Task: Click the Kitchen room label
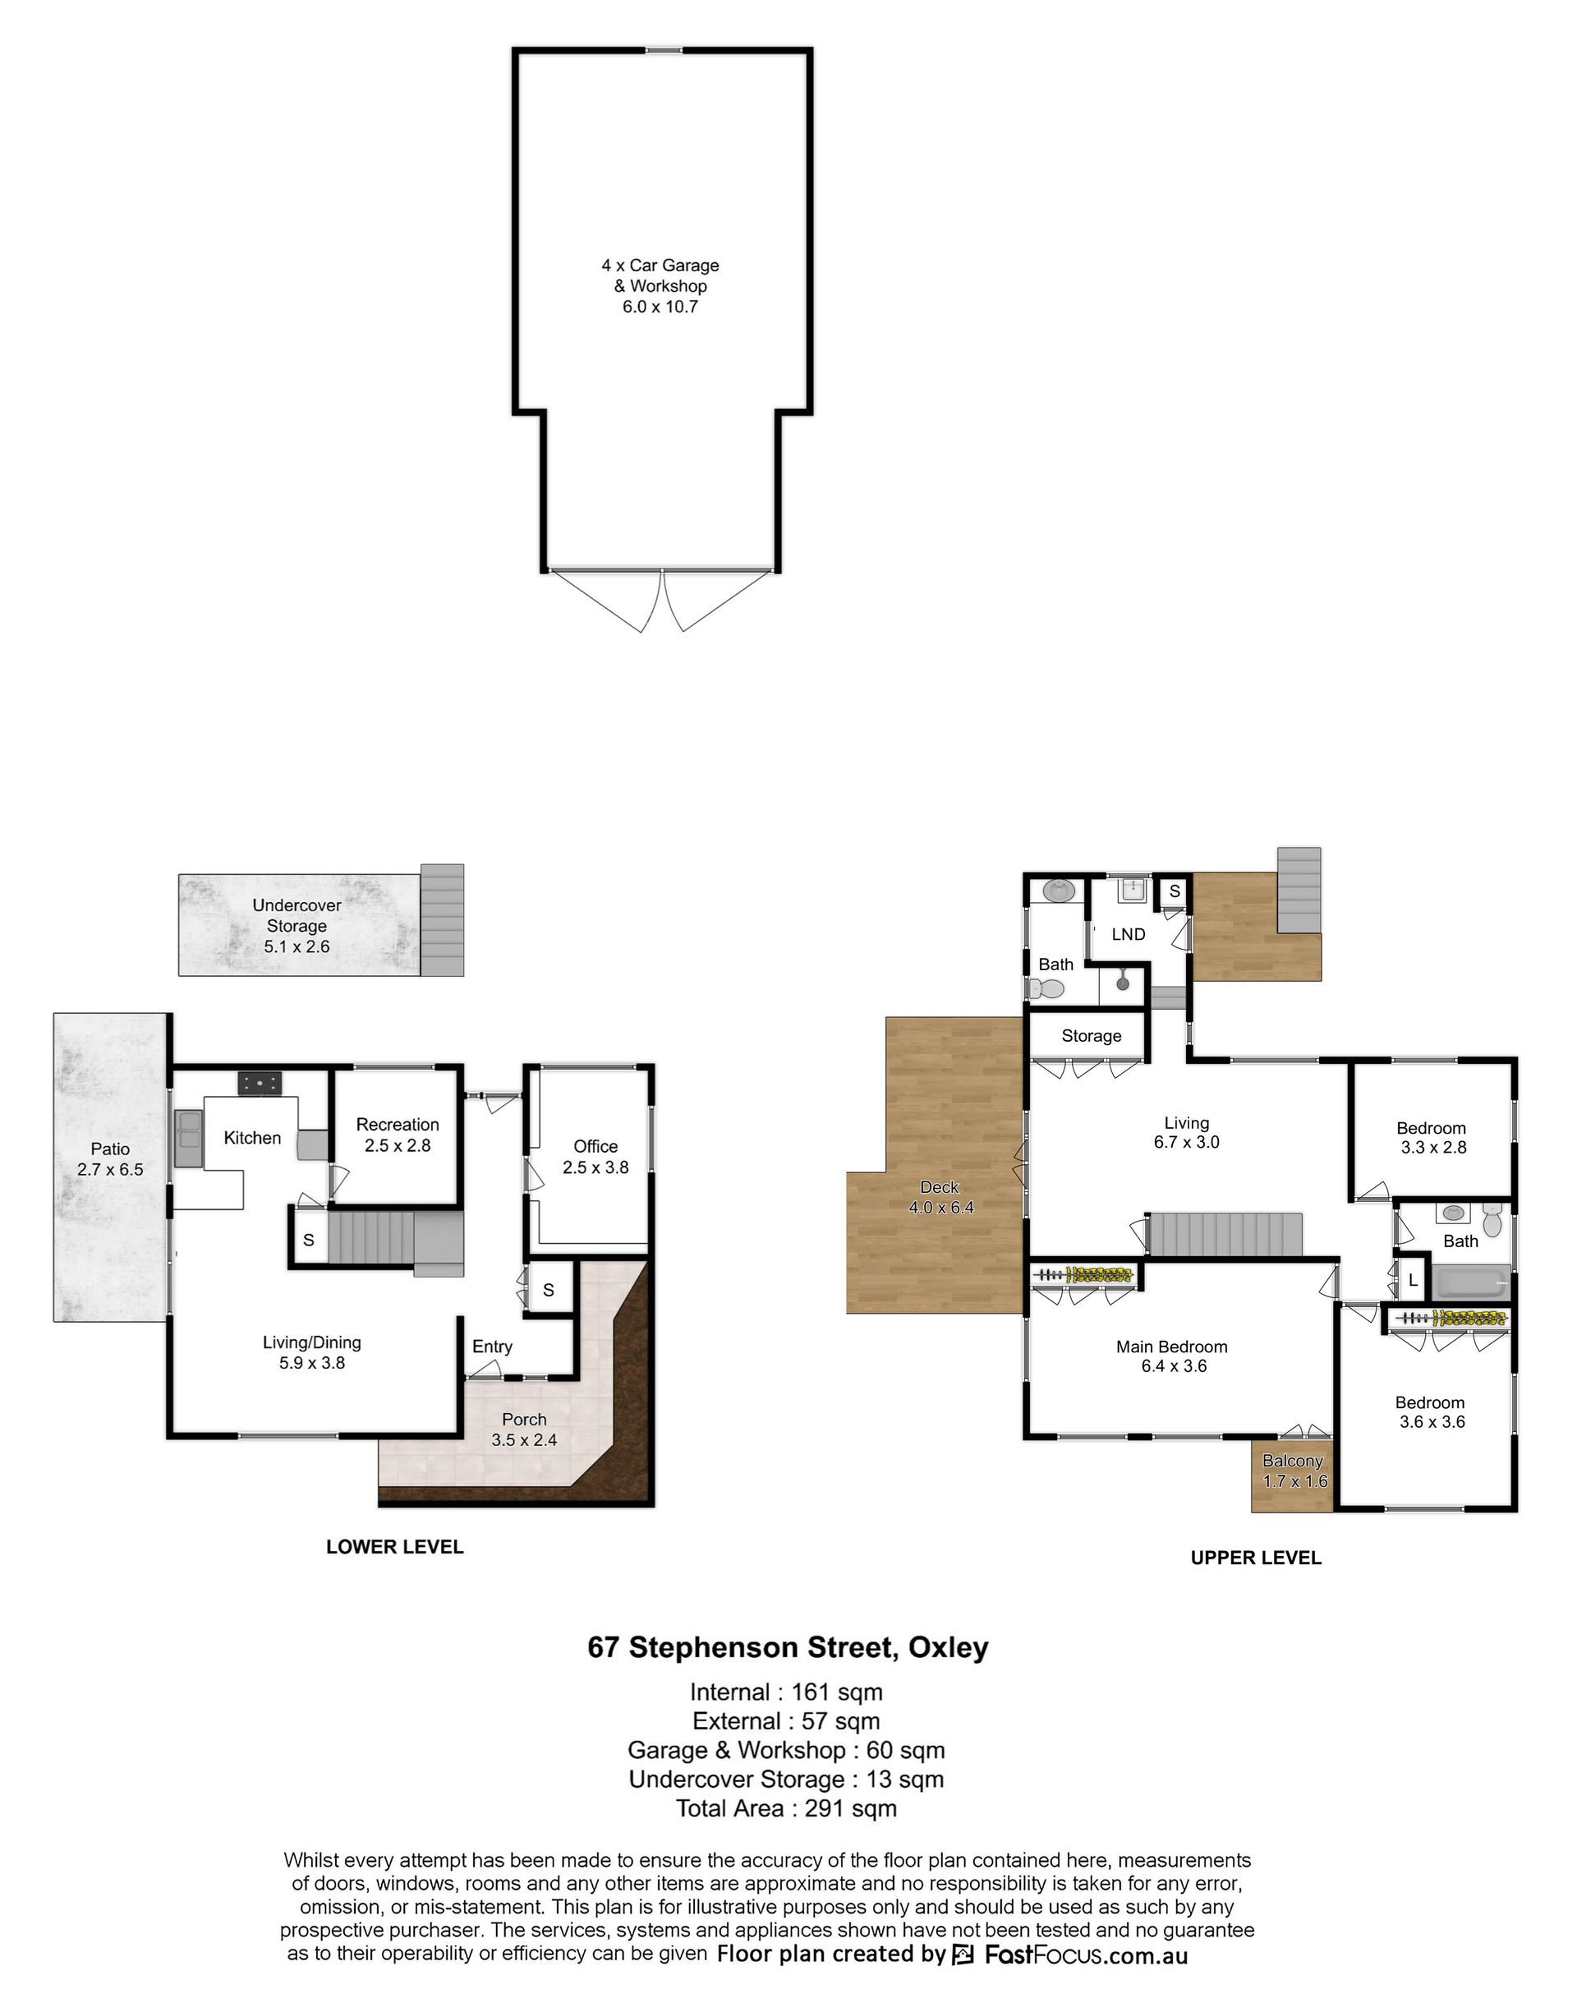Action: coord(252,1138)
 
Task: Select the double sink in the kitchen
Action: coord(188,1140)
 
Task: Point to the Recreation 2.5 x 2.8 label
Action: coord(397,1135)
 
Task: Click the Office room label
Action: coord(595,1146)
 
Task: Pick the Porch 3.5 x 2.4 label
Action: coord(525,1430)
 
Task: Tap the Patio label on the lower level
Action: coord(110,1149)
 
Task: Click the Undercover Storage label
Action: coord(297,915)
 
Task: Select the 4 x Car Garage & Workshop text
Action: coord(660,275)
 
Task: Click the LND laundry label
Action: coord(1129,934)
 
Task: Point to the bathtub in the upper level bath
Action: coord(1471,1282)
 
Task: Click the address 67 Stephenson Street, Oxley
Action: coord(788,1648)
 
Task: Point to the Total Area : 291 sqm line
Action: coord(787,1808)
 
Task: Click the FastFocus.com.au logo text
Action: coord(1086,1954)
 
